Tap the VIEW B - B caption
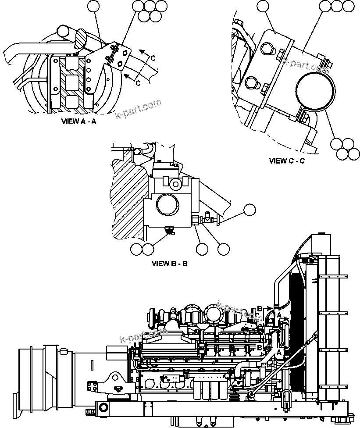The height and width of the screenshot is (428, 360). pos(170,264)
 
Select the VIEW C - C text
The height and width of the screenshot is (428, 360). pos(287,161)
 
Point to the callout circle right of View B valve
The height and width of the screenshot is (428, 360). pos(250,210)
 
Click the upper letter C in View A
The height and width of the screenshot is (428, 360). pos(153,58)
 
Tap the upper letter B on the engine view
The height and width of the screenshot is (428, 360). pos(260,309)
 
